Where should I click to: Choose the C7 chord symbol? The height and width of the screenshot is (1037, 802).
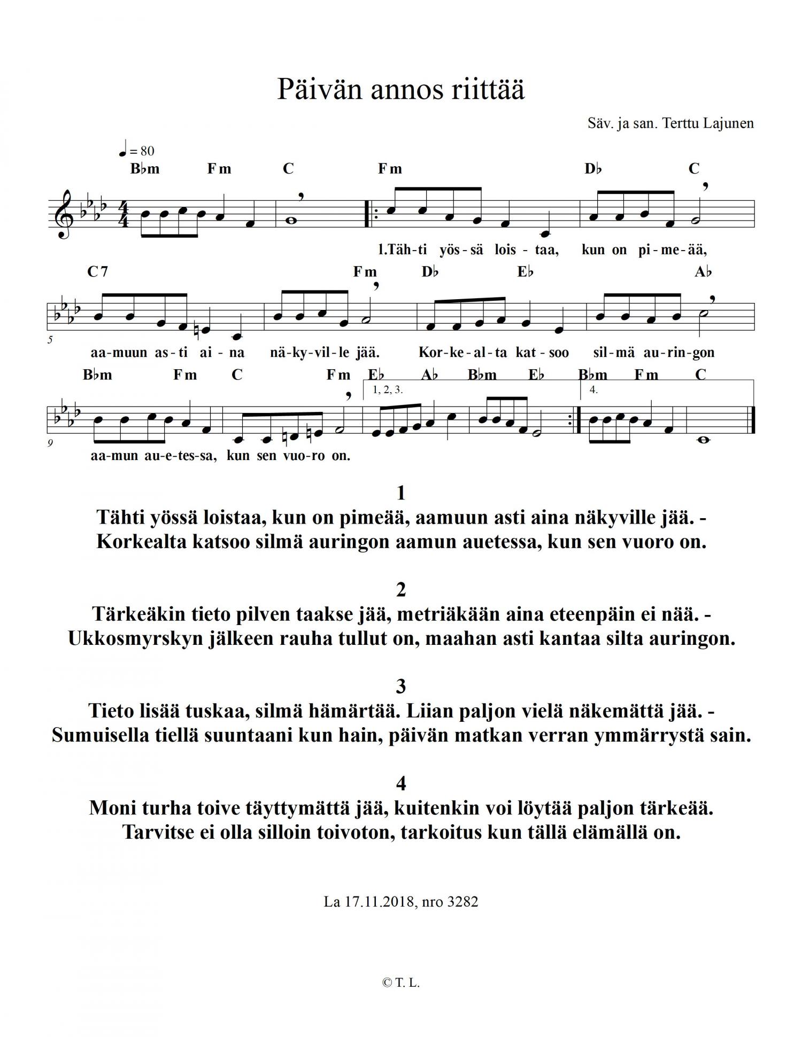(x=97, y=272)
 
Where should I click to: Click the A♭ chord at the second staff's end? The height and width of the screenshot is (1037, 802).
(x=703, y=272)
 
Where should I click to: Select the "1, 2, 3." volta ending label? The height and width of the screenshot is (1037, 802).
(x=388, y=389)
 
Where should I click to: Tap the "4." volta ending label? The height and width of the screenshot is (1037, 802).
(x=593, y=389)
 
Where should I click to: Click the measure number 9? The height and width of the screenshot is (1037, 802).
(x=50, y=442)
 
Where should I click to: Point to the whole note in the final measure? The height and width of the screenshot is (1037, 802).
(x=704, y=440)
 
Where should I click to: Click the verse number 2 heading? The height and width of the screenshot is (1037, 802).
(x=401, y=589)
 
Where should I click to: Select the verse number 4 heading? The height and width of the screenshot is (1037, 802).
(x=401, y=783)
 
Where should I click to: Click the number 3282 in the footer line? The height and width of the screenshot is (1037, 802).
(x=462, y=902)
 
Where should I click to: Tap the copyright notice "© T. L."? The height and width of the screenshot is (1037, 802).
(x=401, y=983)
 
